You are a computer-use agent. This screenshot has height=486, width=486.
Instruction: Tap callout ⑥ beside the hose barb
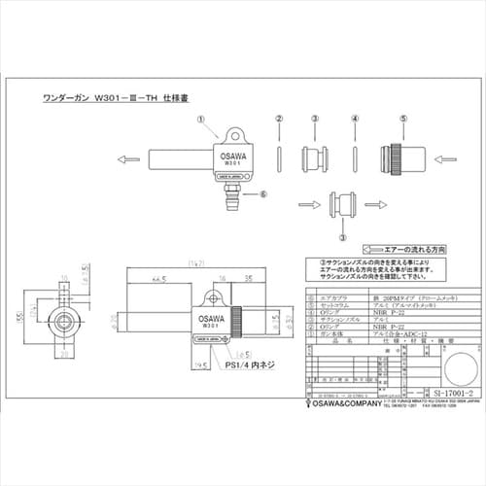(x=263, y=193)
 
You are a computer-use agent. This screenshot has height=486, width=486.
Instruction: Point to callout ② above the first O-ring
(x=279, y=118)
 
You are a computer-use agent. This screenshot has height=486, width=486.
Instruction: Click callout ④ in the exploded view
(x=355, y=118)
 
